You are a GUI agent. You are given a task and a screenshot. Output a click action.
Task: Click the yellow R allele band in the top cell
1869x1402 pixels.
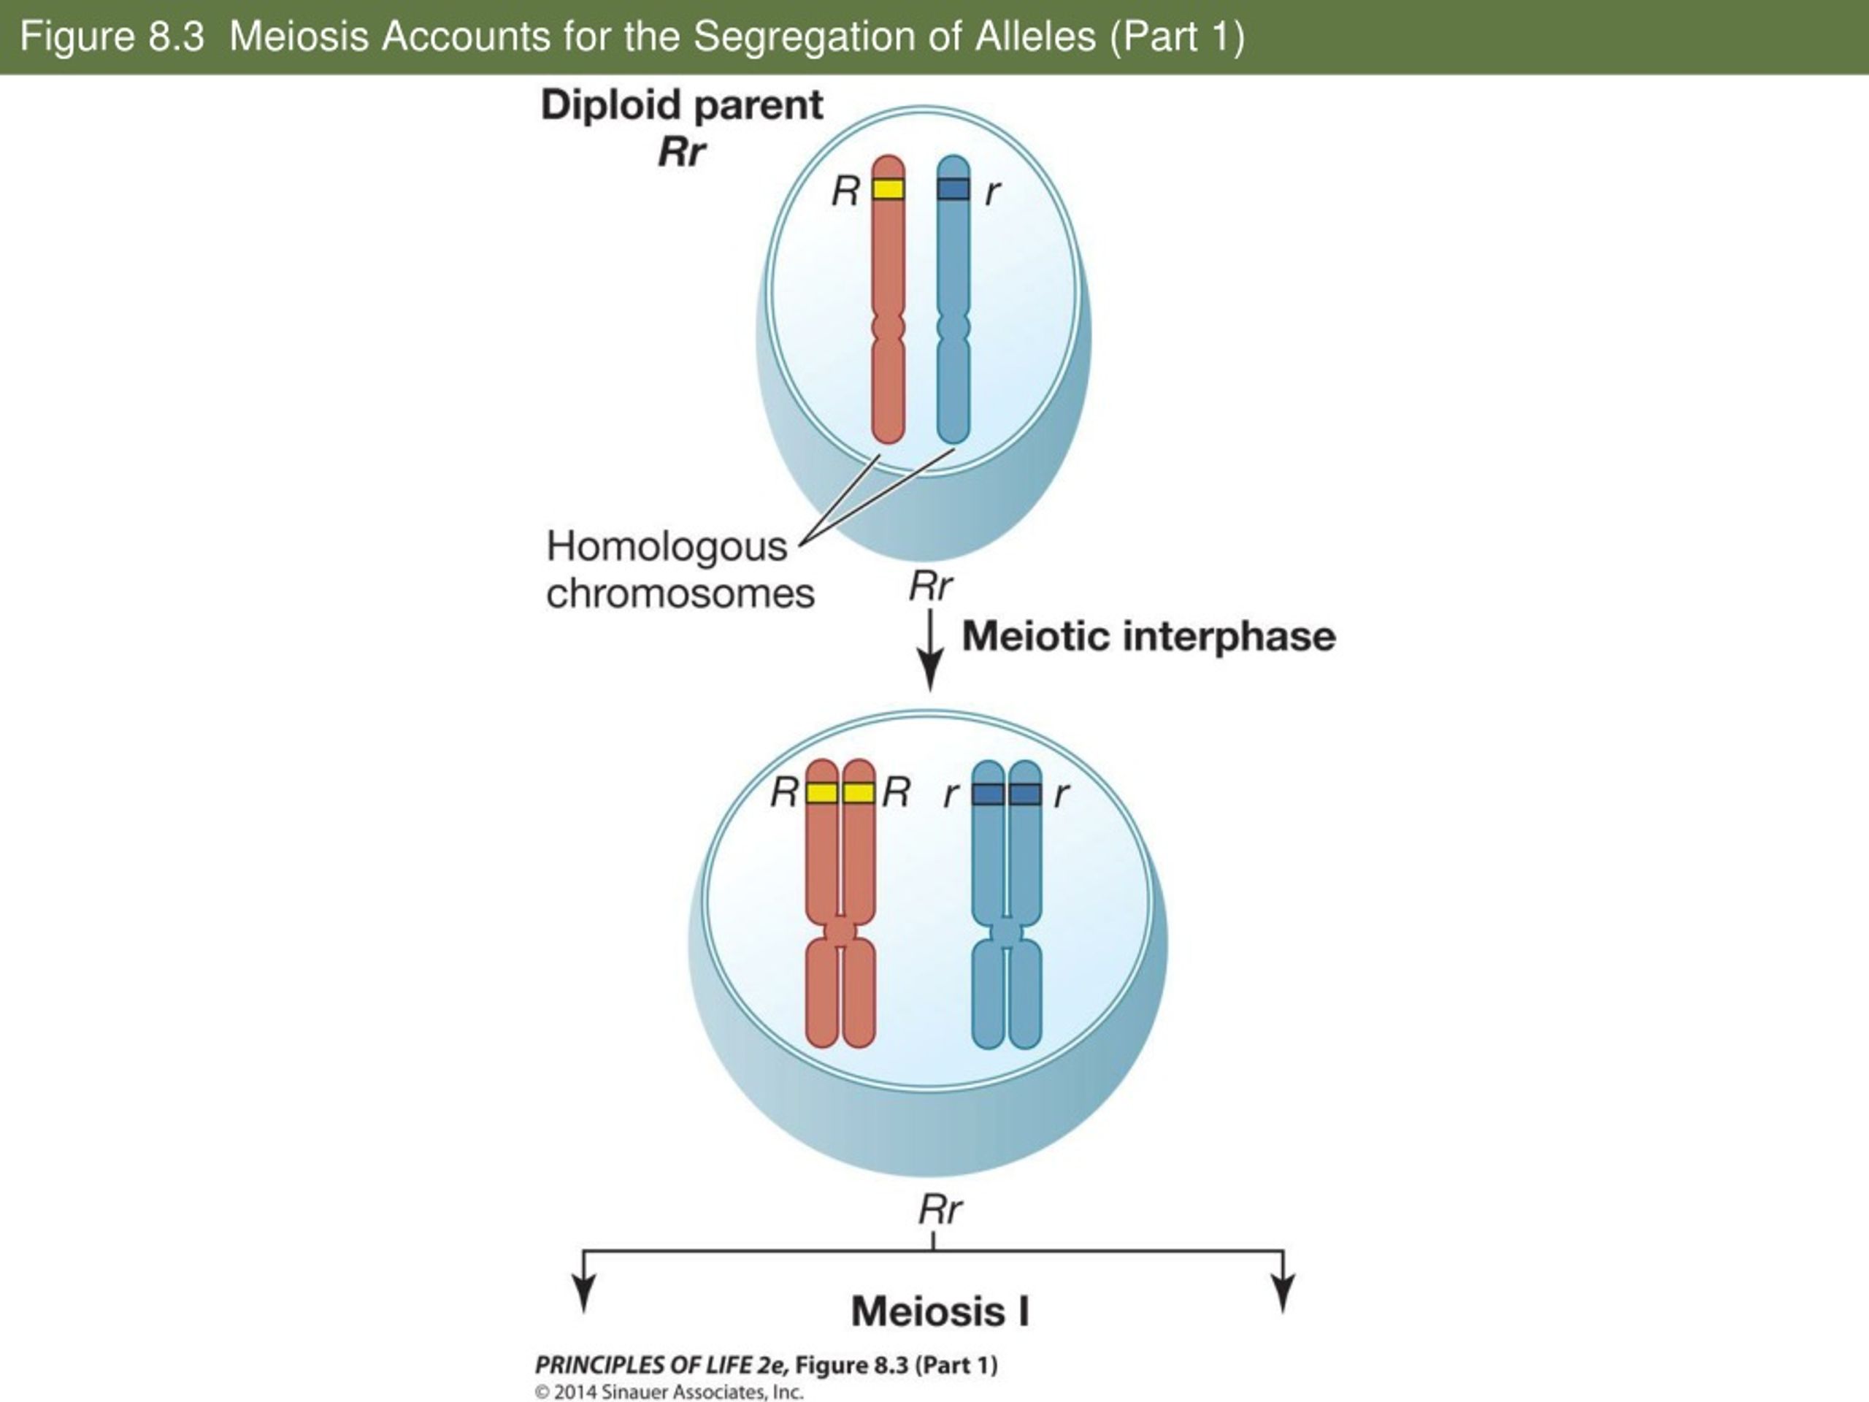click(x=888, y=188)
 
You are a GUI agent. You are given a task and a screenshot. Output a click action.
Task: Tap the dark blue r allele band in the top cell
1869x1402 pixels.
click(x=954, y=188)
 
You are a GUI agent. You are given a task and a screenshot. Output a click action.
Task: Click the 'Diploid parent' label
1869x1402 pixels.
click(x=682, y=106)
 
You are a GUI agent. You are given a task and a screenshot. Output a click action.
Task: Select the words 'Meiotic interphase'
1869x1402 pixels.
click(x=1149, y=636)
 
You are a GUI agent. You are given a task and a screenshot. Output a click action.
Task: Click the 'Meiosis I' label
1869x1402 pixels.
click(x=940, y=1311)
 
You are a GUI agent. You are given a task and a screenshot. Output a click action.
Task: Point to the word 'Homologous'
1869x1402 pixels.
click(x=667, y=547)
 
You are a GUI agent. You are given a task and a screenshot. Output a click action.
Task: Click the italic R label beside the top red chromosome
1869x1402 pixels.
click(x=845, y=191)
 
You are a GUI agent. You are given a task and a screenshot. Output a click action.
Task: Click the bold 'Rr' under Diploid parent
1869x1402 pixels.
click(x=681, y=153)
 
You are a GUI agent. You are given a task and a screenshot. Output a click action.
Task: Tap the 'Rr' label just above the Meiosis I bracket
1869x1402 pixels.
click(x=940, y=1211)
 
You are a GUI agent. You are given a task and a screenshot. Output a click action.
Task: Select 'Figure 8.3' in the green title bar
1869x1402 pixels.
click(x=112, y=37)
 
